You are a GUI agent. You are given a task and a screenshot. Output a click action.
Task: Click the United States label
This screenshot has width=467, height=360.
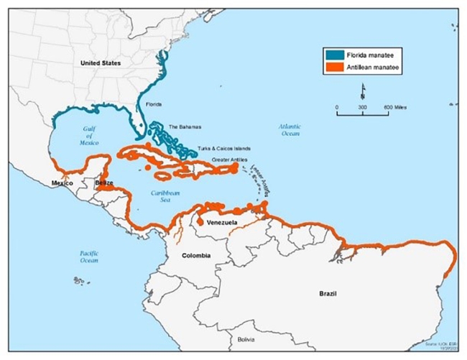pyautogui.click(x=100, y=63)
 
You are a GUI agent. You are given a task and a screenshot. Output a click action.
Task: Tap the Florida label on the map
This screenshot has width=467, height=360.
pyautogui.click(x=154, y=103)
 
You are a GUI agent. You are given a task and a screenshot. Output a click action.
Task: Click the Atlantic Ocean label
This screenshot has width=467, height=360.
pyautogui.click(x=292, y=130)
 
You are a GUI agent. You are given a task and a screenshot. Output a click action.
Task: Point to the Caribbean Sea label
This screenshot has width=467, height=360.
pyautogui.click(x=164, y=197)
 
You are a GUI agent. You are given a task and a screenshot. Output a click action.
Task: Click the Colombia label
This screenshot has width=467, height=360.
pyautogui.click(x=195, y=255)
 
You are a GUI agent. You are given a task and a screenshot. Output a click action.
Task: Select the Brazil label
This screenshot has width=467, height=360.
pyautogui.click(x=332, y=294)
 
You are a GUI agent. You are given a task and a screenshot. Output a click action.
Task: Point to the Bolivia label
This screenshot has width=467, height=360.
pyautogui.click(x=247, y=338)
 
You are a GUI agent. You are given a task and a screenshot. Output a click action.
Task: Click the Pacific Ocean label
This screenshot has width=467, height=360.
pyautogui.click(x=89, y=257)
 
